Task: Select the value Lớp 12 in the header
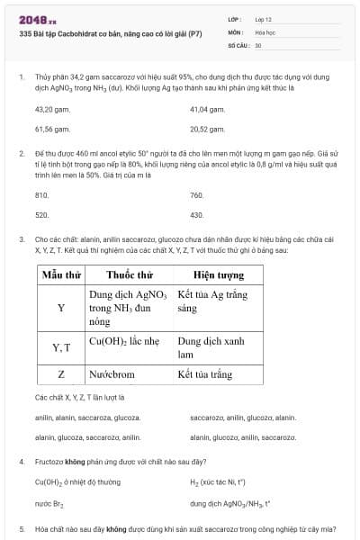[264, 19]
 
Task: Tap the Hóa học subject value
[264, 31]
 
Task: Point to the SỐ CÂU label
[238, 44]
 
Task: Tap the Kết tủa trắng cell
[204, 374]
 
